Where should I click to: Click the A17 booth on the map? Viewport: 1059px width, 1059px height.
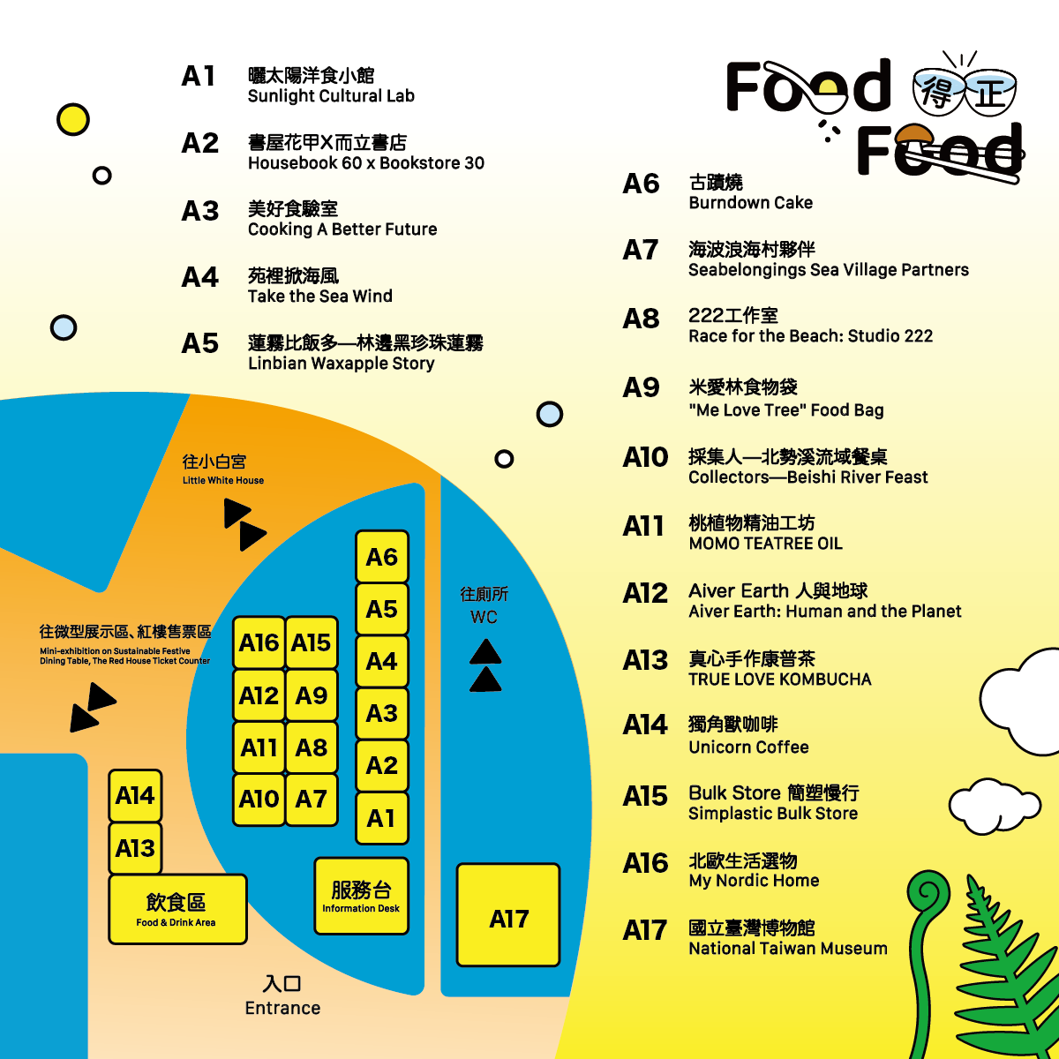pos(508,915)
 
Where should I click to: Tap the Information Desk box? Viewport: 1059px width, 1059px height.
pos(361,896)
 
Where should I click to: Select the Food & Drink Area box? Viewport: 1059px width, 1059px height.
pos(177,909)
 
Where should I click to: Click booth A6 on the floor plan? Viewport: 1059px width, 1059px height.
pos(381,557)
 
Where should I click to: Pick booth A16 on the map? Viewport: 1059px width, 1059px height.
pos(259,642)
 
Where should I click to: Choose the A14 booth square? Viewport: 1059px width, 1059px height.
pos(135,796)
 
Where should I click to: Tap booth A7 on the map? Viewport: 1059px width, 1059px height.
pos(312,800)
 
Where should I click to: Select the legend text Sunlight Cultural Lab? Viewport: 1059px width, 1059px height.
pos(331,96)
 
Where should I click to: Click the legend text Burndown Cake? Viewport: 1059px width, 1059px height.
pos(750,203)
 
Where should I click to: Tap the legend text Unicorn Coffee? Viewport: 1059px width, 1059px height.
pos(748,747)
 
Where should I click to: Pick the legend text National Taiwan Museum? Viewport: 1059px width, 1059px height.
pos(788,949)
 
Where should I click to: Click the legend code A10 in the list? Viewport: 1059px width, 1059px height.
pos(645,457)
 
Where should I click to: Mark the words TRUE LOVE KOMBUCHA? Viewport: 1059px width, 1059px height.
pos(780,680)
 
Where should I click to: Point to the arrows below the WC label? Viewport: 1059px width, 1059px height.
pos(485,666)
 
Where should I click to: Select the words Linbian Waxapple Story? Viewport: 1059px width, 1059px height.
pos(342,364)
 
